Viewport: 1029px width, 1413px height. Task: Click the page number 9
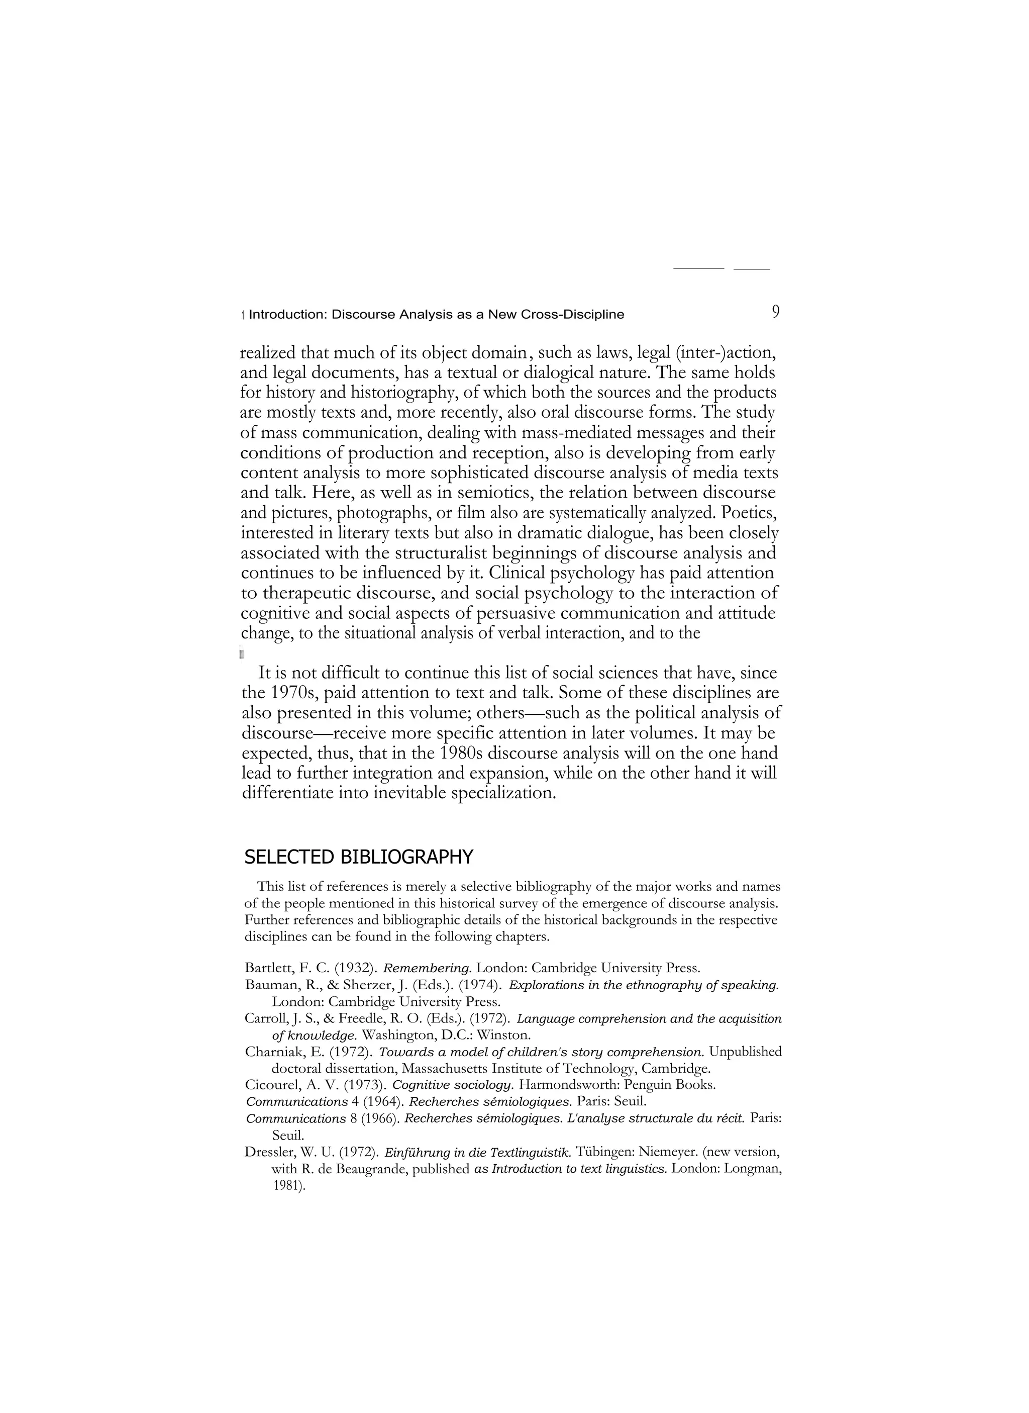point(775,312)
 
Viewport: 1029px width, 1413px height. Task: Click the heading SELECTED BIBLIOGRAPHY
point(358,857)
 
